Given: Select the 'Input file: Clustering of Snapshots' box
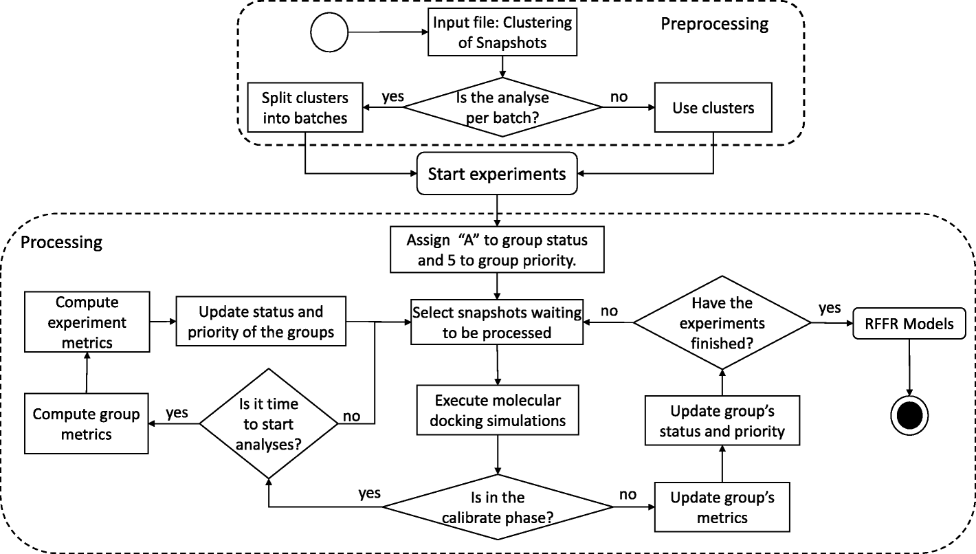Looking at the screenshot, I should coord(502,32).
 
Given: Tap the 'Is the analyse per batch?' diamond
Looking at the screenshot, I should coord(502,107).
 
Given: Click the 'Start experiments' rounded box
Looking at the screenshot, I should coord(496,174).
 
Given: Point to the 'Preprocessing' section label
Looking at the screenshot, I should coord(714,24).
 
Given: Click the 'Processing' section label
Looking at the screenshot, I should coord(61,242).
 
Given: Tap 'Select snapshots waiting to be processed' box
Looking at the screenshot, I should coord(496,322).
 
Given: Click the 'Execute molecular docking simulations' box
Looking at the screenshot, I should coord(496,410).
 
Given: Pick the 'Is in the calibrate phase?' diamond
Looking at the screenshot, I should coord(498,507).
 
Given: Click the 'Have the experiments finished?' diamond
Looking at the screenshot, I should coord(721,322).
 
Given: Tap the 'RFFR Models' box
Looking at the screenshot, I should coord(909,322).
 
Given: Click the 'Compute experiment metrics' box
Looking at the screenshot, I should coord(87,322).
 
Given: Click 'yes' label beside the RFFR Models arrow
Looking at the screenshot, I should coord(829,307).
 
